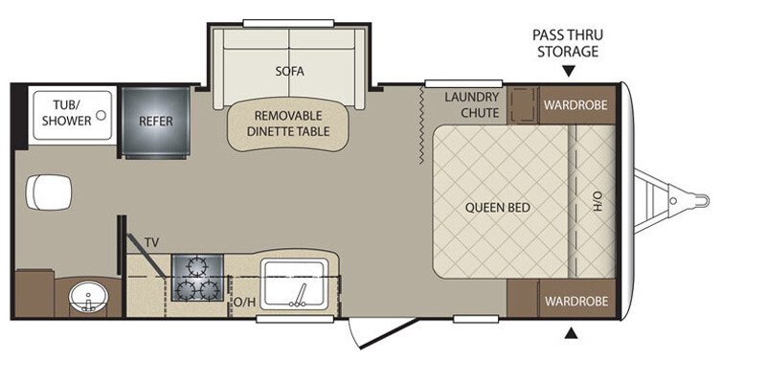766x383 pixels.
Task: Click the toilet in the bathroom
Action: [49, 192]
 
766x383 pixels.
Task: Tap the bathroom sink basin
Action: [88, 296]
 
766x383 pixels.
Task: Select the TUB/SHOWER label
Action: [66, 113]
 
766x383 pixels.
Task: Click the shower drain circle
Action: [101, 115]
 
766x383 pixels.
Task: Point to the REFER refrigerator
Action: [155, 122]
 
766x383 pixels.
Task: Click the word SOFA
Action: [290, 71]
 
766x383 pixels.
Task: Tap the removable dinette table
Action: [288, 124]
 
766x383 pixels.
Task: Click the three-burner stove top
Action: [197, 278]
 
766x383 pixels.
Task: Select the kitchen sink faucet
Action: [299, 297]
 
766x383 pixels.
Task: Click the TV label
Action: [151, 242]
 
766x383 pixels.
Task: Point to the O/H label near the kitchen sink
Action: [245, 303]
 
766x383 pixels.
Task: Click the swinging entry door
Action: [384, 333]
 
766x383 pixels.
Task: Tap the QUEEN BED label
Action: [497, 208]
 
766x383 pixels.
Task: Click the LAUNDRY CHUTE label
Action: [471, 105]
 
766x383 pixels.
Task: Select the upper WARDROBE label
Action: [575, 105]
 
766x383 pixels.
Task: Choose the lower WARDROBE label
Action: [576, 301]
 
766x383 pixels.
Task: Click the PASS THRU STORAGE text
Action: [568, 43]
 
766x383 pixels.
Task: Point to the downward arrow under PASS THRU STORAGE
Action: [568, 72]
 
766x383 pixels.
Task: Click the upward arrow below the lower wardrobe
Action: [571, 333]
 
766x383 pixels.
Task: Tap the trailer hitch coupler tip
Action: [705, 200]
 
